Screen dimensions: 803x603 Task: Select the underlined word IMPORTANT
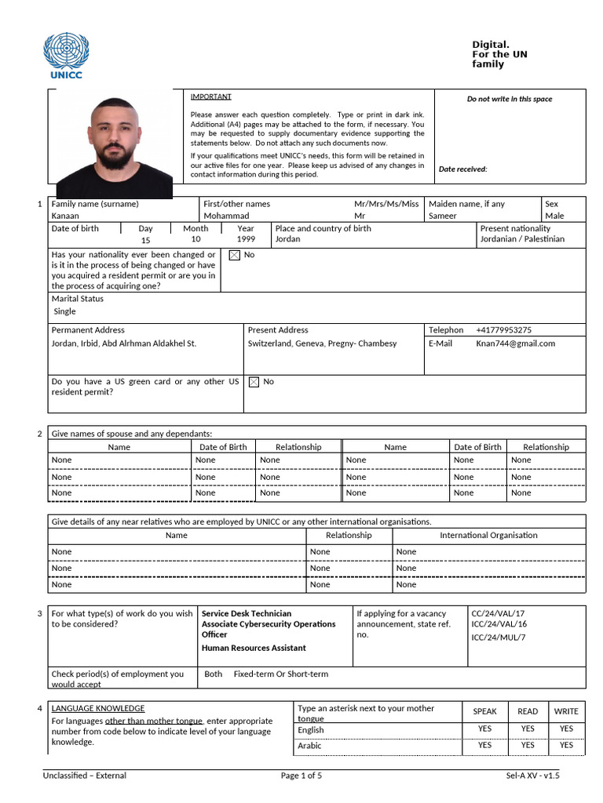coord(210,96)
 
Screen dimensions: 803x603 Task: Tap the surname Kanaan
coord(65,216)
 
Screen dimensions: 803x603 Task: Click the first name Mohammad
coord(226,216)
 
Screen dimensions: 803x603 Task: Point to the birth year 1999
coord(246,239)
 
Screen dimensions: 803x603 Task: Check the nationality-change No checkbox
coord(234,255)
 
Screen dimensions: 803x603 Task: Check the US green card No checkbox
coord(254,382)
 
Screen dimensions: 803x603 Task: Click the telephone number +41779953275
coord(503,330)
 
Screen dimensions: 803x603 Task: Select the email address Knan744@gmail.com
coord(515,343)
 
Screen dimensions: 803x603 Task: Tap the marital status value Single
coord(64,311)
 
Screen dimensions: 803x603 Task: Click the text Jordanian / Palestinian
coord(522,239)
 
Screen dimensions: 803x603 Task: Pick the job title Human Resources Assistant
coord(254,648)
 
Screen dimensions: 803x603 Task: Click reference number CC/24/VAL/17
coord(498,613)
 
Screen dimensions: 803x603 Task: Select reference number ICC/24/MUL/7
coord(499,637)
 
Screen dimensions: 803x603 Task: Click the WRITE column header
coord(566,711)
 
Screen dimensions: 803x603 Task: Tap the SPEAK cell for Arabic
coord(484,745)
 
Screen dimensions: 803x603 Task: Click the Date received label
coord(462,169)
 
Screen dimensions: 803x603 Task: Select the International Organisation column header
coord(488,536)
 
